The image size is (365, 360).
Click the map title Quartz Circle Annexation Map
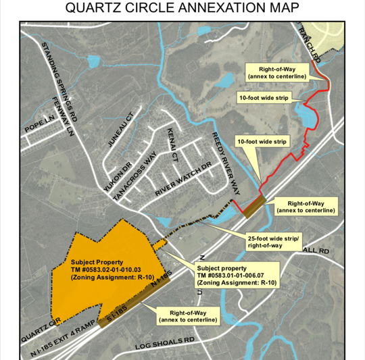[182, 9]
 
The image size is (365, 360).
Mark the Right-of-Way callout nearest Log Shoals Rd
[188, 315]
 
